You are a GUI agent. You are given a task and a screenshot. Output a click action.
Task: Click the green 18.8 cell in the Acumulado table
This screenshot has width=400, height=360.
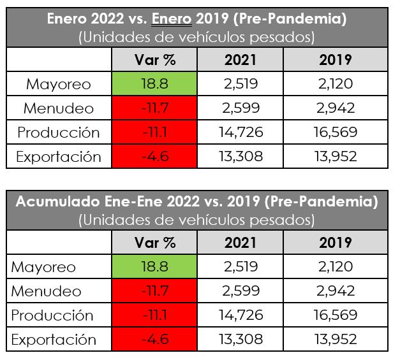(155, 267)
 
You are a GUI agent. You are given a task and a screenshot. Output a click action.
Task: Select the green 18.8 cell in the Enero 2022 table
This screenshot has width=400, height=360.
(155, 84)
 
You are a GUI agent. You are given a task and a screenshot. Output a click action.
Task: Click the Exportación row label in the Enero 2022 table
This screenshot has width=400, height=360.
(59, 157)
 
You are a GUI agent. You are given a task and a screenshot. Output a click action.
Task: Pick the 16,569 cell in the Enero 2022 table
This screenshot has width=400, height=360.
(336, 133)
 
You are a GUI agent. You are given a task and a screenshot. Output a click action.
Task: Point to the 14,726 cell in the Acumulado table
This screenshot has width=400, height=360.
(240, 315)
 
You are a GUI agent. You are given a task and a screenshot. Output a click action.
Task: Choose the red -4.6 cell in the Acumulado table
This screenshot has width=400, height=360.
(155, 340)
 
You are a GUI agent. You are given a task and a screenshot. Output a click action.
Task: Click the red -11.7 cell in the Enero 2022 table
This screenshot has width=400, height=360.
(155, 108)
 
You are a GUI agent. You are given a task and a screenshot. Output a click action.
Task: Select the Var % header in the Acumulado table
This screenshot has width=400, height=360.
(155, 243)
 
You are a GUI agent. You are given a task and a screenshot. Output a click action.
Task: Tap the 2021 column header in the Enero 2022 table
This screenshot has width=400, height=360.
(240, 60)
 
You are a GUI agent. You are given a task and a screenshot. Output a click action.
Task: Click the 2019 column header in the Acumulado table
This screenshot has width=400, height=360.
(336, 243)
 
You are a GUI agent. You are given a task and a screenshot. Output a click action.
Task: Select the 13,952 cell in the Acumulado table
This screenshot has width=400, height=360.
(336, 340)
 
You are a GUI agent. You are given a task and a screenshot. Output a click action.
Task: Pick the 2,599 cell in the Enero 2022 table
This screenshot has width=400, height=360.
(240, 108)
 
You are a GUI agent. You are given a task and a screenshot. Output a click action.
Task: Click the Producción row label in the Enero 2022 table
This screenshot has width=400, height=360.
(59, 133)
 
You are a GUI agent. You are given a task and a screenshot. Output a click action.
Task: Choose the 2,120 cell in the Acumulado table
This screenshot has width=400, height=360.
(336, 267)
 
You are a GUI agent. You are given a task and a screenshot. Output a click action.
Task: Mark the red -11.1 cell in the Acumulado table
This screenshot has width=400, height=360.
(155, 315)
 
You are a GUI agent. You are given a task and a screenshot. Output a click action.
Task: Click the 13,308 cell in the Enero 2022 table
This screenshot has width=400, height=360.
(240, 157)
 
